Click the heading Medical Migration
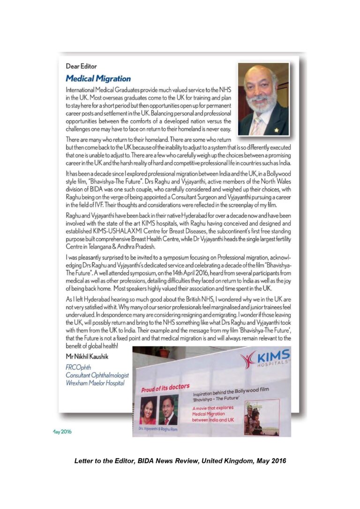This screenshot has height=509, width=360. coord(98,78)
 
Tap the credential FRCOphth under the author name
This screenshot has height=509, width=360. coord(78,367)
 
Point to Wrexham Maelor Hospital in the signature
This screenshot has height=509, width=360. coord(95,383)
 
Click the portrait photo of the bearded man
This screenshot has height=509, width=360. coord(263,99)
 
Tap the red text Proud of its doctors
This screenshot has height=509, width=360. coord(165,387)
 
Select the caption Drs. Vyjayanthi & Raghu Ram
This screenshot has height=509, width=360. coord(159,428)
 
